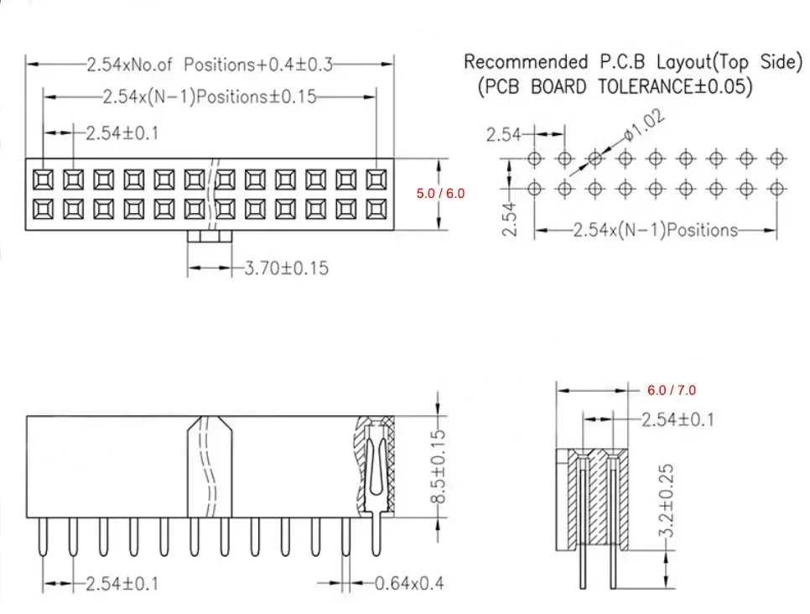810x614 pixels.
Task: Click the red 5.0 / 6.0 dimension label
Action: tap(441, 193)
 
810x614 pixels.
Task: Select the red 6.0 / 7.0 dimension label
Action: tap(672, 390)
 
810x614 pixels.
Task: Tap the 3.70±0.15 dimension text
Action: tap(286, 268)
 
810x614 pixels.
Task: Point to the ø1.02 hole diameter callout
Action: tap(644, 125)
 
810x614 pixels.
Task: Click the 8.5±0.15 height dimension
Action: tap(438, 466)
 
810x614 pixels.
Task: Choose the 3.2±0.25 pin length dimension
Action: tap(667, 500)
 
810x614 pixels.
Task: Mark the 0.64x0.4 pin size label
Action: tap(409, 584)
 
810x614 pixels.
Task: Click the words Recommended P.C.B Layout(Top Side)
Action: tap(633, 62)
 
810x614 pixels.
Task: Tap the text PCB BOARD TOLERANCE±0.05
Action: tap(615, 86)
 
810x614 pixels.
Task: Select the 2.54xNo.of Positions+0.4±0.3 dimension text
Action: tap(210, 65)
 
